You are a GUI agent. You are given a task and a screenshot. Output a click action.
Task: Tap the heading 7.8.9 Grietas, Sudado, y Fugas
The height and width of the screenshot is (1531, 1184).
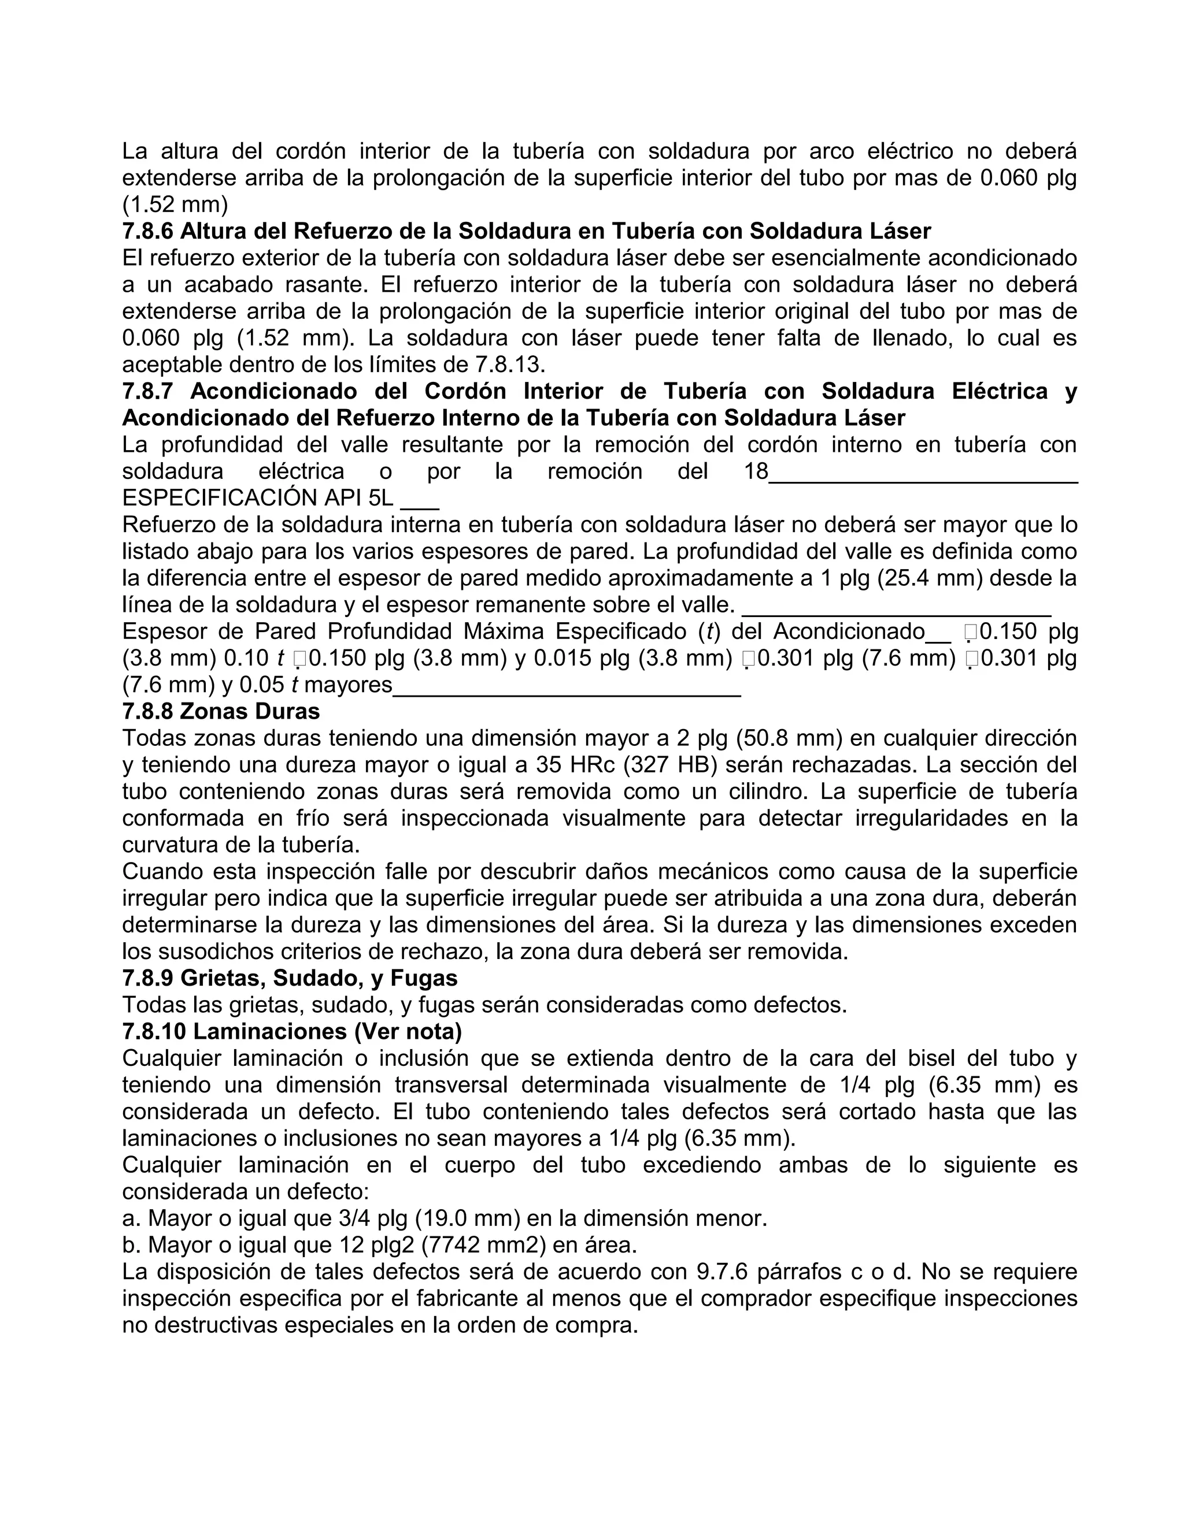pyautogui.click(x=290, y=978)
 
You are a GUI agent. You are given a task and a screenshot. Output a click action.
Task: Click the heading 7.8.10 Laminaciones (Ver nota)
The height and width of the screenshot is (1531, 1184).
pyautogui.click(x=292, y=1031)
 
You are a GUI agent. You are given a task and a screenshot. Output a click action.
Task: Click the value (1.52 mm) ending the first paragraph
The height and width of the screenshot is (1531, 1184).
pyautogui.click(x=175, y=205)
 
